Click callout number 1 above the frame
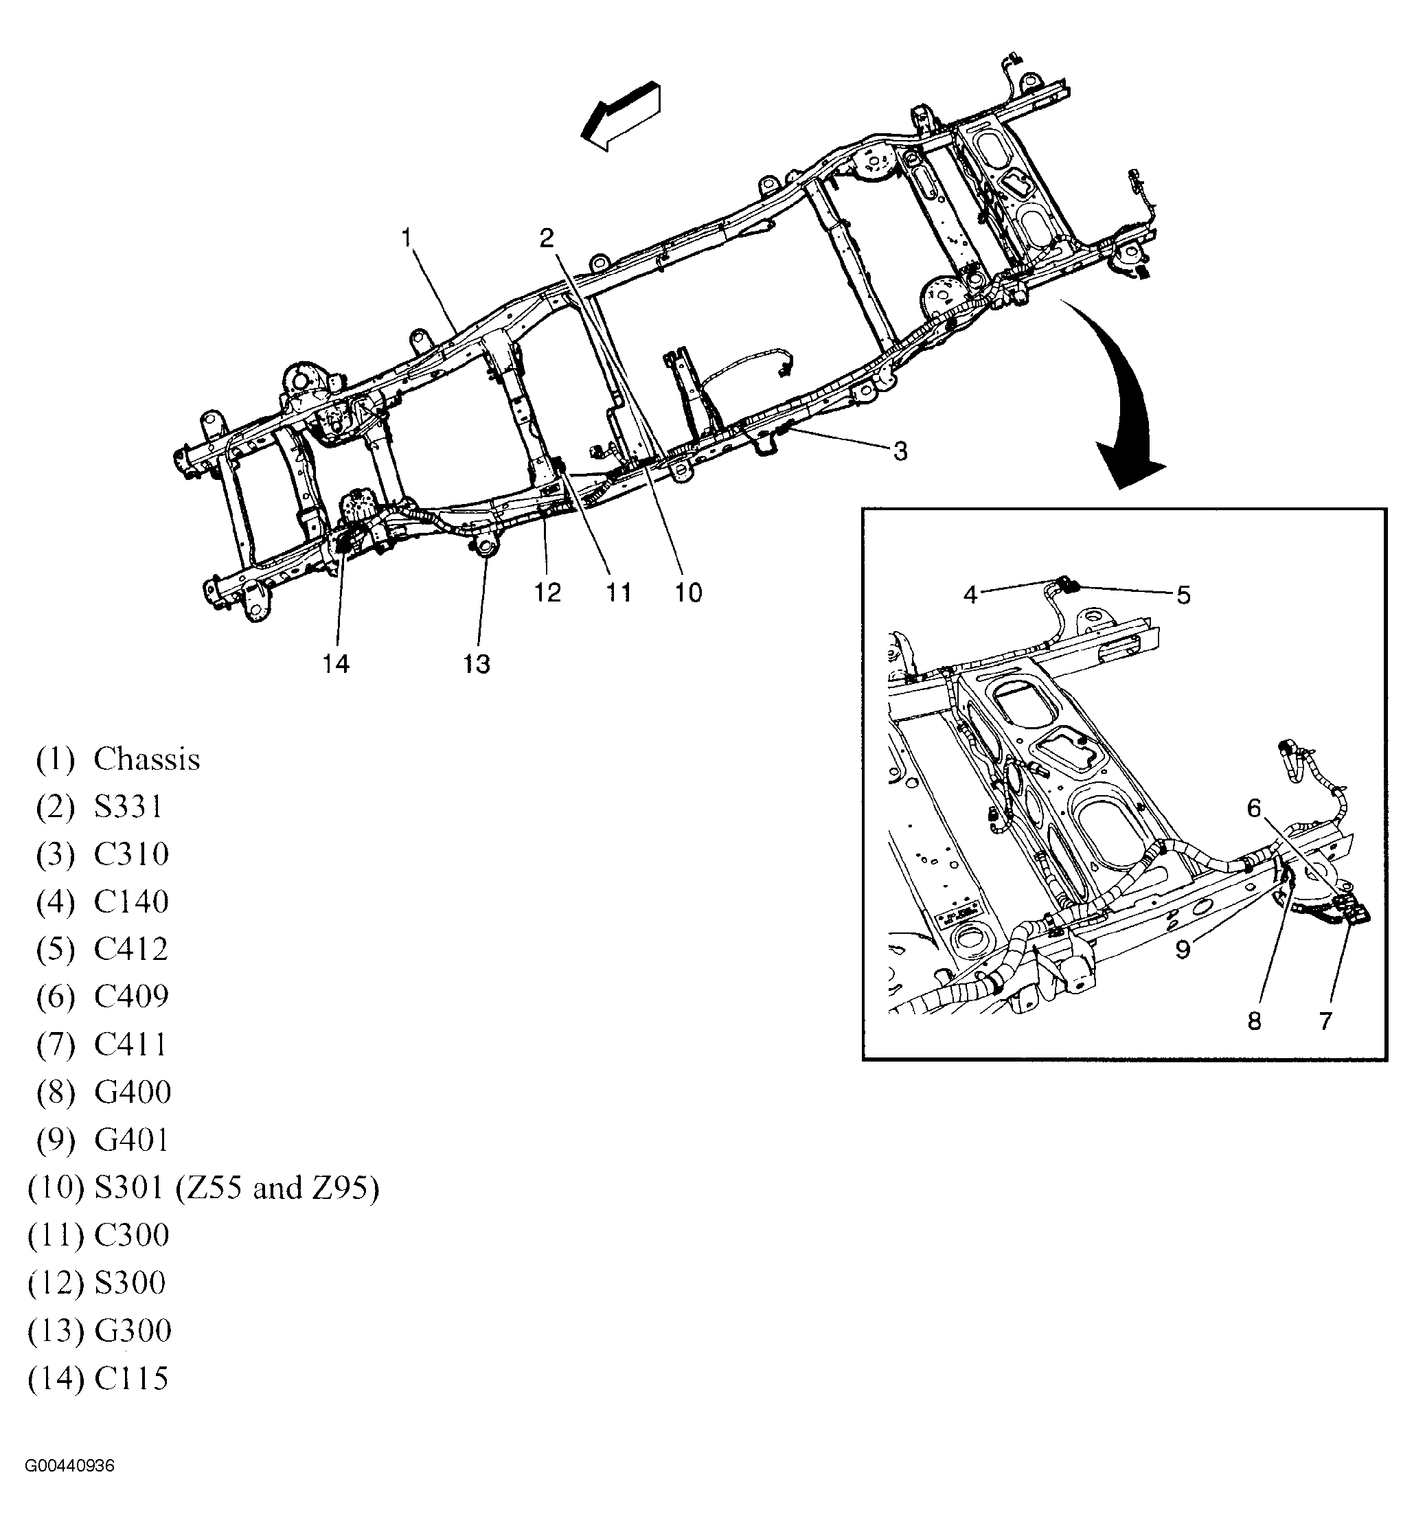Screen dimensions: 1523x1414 coord(407,238)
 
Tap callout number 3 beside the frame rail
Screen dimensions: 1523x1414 coord(900,452)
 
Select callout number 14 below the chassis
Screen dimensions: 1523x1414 coord(336,664)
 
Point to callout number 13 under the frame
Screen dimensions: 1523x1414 coord(476,664)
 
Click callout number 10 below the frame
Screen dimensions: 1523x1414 coord(688,593)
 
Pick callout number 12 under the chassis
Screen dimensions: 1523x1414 coord(547,593)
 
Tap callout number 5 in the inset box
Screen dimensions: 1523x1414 coord(1183,595)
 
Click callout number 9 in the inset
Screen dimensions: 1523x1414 coord(1183,950)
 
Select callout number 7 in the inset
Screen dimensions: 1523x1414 coord(1325,1020)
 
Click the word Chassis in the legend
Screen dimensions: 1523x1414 coord(147,759)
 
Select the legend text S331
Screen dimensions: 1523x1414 coord(128,807)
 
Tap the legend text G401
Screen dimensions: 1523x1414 coord(132,1140)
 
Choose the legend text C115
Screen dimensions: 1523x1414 coord(132,1378)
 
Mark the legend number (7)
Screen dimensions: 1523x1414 coord(56,1045)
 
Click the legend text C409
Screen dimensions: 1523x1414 coord(132,997)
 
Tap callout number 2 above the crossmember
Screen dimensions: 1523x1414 coord(547,238)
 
